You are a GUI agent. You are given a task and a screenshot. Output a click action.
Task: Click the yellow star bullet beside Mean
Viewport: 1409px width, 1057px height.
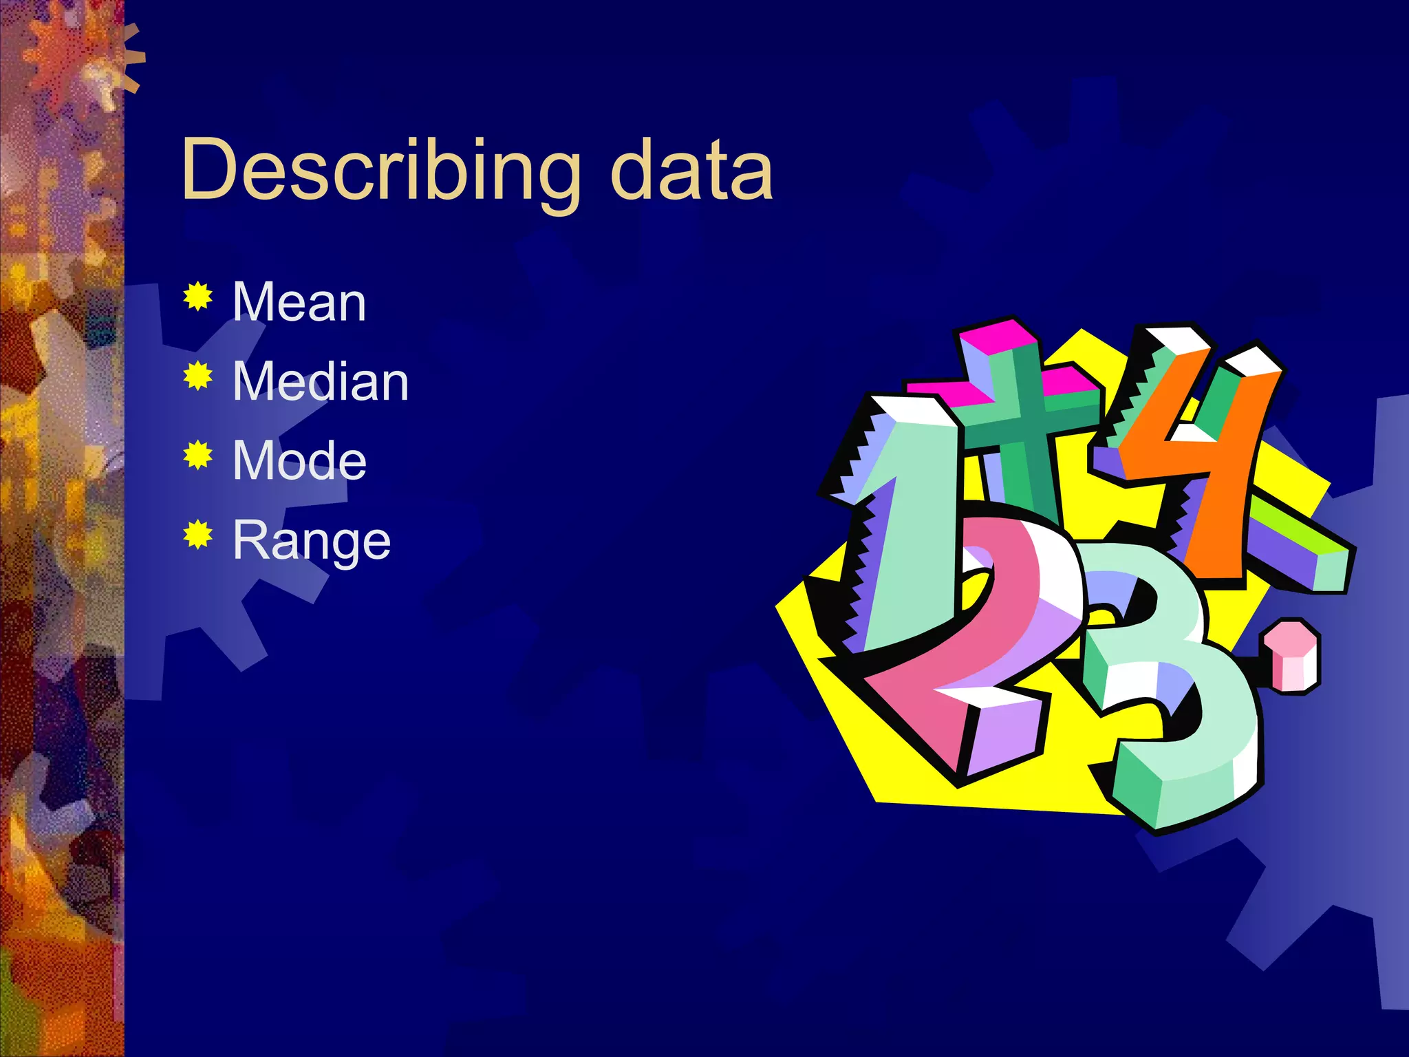197,297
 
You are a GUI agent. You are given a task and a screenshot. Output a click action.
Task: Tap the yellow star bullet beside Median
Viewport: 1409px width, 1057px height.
197,376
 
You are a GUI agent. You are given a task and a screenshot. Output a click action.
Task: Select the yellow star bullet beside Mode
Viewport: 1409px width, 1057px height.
197,455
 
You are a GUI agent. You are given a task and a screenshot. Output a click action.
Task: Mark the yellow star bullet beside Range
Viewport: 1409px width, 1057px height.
197,535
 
